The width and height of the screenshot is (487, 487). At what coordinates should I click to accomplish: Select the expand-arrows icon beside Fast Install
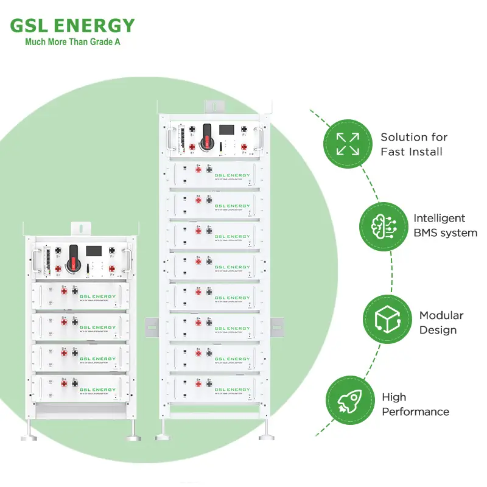pyautogui.click(x=348, y=144)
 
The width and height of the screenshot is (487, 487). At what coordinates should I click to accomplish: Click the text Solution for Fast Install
pyautogui.click(x=414, y=144)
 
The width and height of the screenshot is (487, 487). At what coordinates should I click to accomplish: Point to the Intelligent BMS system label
pyautogui.click(x=445, y=225)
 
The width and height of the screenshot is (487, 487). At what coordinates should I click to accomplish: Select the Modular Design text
pyautogui.click(x=441, y=323)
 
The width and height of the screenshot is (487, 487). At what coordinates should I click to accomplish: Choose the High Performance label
pyautogui.click(x=415, y=404)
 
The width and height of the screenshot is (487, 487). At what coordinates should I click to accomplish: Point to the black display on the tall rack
pyautogui.click(x=228, y=131)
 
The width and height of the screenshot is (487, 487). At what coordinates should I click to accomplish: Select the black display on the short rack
pyautogui.click(x=94, y=251)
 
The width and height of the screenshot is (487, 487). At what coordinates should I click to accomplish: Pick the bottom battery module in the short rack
pyautogui.click(x=75, y=388)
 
